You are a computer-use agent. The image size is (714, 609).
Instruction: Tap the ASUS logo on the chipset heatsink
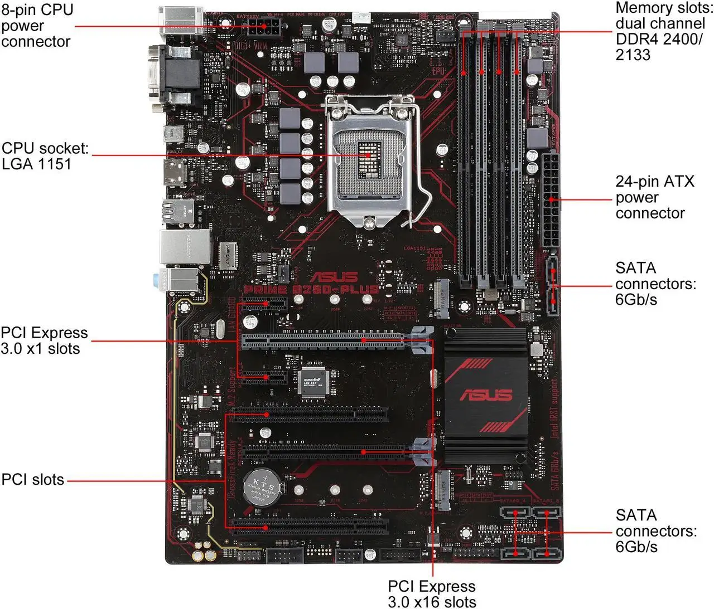point(485,395)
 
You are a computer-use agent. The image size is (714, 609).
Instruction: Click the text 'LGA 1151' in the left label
point(37,164)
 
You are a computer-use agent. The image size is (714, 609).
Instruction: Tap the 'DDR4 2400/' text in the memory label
point(659,39)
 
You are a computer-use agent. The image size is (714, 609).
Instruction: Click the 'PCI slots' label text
point(33,480)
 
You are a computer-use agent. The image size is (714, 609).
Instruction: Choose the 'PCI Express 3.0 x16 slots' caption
point(432,594)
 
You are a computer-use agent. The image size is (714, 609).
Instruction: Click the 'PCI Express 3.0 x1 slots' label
point(44,340)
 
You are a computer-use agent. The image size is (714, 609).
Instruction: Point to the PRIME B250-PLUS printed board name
point(311,289)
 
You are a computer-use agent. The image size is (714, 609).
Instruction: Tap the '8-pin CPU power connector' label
point(37,26)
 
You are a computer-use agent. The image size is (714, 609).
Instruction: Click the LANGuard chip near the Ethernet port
point(225,255)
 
